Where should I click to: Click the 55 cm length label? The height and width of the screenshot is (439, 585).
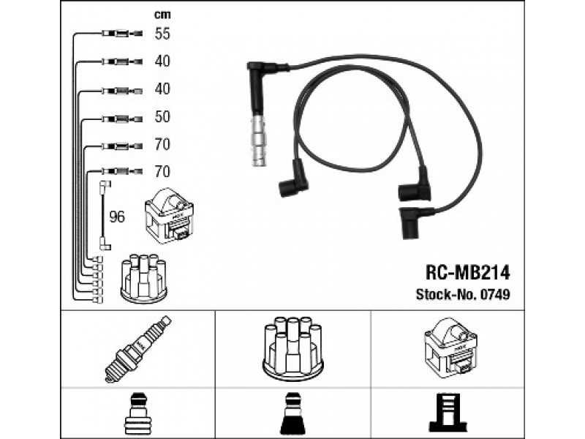(x=162, y=34)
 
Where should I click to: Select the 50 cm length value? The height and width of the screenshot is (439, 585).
(x=162, y=117)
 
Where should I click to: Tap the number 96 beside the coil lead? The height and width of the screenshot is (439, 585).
(x=117, y=217)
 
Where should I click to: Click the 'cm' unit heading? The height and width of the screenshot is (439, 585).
(x=162, y=15)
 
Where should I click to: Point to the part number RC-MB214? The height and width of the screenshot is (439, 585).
(x=467, y=273)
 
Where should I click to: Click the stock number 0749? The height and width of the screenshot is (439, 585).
(x=495, y=295)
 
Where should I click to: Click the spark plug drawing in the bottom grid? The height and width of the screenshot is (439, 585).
(x=137, y=349)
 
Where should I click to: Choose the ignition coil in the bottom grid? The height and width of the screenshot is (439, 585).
(x=450, y=347)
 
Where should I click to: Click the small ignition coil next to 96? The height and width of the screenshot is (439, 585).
(x=169, y=216)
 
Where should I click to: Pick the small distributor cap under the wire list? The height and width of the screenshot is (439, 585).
(x=143, y=278)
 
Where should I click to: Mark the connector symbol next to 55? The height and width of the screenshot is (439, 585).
(x=122, y=34)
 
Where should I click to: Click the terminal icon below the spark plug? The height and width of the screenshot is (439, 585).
(x=137, y=413)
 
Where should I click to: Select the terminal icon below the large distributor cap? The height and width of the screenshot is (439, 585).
(x=292, y=413)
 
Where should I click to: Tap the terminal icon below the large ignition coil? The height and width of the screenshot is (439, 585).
(x=448, y=413)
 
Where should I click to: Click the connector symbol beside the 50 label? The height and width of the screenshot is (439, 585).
(x=122, y=119)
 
